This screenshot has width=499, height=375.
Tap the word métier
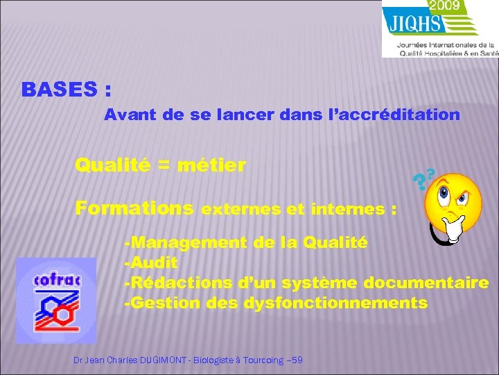[211, 166]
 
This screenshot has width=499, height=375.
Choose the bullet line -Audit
[150, 262]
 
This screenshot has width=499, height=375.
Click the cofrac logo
[56, 300]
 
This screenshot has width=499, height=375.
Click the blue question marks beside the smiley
[423, 180]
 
